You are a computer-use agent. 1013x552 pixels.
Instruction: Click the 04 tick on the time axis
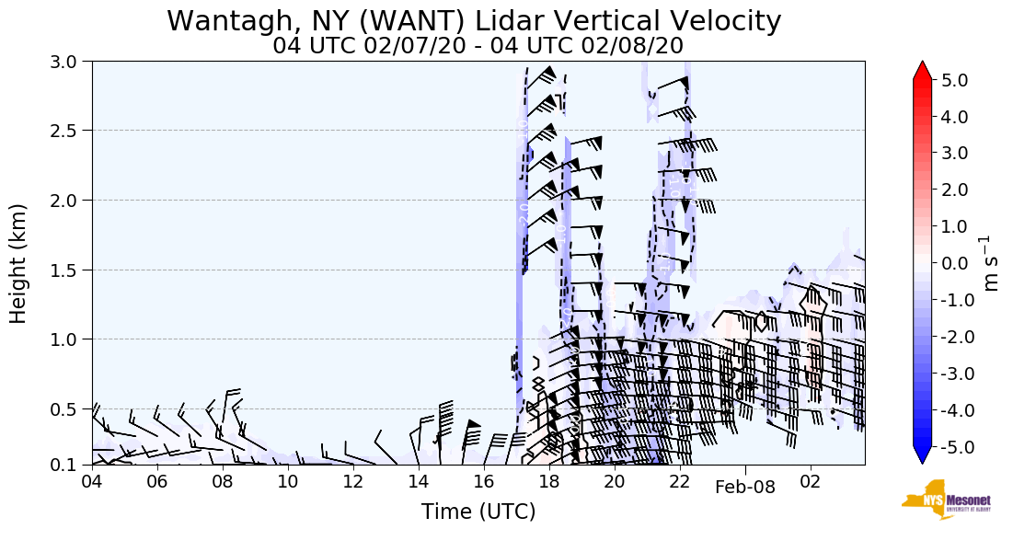coord(91,481)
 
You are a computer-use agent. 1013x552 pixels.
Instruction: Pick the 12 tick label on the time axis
coord(353,481)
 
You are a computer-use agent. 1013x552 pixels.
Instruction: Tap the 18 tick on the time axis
coord(549,481)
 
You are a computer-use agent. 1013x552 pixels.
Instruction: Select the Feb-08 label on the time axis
coord(745,488)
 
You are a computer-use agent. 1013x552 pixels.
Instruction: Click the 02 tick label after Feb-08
coord(811,481)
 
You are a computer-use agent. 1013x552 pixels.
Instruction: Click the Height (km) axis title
coord(19,263)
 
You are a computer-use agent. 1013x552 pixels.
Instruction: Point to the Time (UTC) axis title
coord(478,512)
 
